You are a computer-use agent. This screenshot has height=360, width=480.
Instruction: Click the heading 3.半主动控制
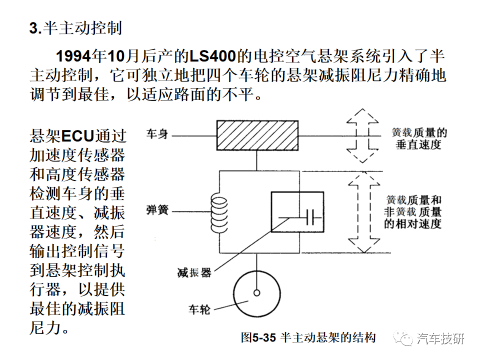tap(75, 28)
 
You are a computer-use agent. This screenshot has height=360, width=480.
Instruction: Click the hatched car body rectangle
tap(257, 135)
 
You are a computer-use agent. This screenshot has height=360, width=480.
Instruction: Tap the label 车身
tap(157, 134)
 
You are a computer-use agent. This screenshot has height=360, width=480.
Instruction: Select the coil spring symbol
tap(219, 215)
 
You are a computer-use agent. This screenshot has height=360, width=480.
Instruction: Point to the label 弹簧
tap(157, 210)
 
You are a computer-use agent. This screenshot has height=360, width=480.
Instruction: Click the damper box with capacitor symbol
tap(297, 212)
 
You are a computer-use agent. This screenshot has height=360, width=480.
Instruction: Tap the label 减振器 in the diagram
tap(194, 272)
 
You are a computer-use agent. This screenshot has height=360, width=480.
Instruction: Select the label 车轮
tap(199, 310)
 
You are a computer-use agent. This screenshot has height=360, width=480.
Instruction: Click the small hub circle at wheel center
tap(257, 293)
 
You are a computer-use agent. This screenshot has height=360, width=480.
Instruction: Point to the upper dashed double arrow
tap(362, 135)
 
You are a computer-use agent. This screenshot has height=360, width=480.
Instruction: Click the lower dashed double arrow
tap(364, 212)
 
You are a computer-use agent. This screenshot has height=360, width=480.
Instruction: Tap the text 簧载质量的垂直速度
tap(419, 138)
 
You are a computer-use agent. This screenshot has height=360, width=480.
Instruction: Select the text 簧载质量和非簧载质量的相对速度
tap(412, 212)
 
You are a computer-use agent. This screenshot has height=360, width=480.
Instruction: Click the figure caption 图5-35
tap(258, 337)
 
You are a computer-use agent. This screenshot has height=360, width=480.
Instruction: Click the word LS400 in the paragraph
tap(213, 56)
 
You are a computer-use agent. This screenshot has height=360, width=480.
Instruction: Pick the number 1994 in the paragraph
tap(74, 56)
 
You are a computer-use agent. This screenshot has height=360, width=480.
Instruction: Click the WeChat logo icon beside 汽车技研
tap(403, 338)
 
